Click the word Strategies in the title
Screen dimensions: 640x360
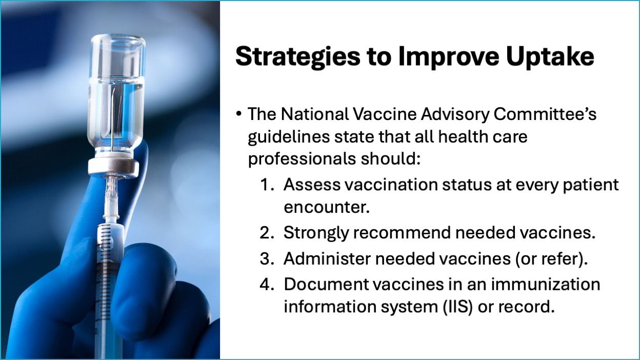(297, 57)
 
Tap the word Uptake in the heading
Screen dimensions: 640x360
(550, 57)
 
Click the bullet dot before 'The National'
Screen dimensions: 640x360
(239, 114)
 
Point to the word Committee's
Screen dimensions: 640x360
(545, 114)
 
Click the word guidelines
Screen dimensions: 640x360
(289, 137)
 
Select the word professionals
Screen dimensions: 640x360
(302, 159)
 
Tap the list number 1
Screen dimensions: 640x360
(267, 185)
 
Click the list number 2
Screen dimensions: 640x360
(267, 233)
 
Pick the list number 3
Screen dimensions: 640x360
(267, 258)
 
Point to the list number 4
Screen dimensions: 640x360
(267, 284)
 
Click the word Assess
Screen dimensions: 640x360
(312, 185)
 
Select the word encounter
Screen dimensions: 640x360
(327, 207)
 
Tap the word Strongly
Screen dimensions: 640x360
(316, 233)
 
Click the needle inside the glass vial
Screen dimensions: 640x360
(113, 120)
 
